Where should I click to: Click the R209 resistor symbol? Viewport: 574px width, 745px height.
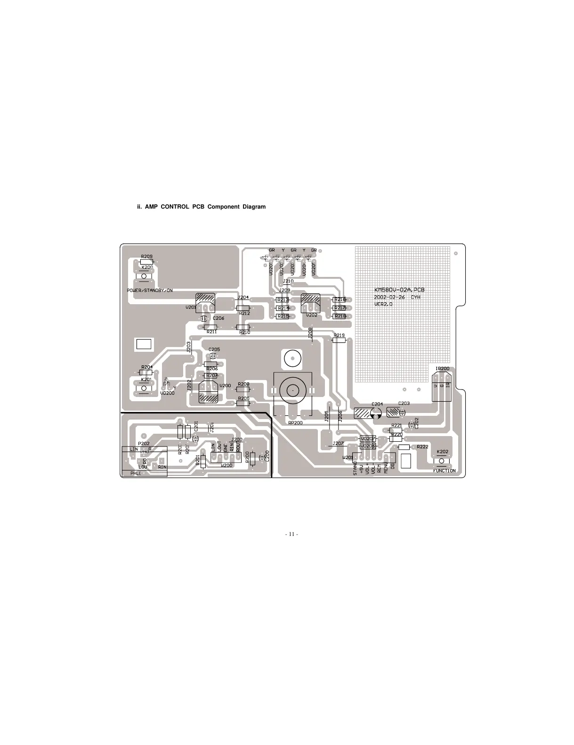point(147,262)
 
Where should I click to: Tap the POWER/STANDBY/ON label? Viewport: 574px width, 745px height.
point(150,291)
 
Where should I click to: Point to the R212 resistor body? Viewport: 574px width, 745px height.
point(243,308)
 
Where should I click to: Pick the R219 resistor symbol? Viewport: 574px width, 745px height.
point(339,340)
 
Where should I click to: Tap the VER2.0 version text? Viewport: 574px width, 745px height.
point(383,304)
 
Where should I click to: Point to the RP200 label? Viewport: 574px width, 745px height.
point(295,423)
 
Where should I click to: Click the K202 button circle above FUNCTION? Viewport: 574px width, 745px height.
point(442,461)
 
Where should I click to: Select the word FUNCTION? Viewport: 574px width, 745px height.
point(444,470)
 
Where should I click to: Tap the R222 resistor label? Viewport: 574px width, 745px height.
point(422,446)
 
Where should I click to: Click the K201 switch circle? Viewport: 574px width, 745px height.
point(144,389)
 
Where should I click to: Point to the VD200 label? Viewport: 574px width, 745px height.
point(167,393)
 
